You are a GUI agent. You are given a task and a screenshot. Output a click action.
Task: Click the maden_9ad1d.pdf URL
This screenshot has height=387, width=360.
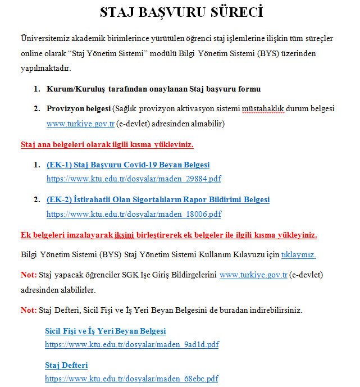(131, 344)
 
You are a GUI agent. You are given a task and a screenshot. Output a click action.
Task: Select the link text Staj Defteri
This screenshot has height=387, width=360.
(66, 366)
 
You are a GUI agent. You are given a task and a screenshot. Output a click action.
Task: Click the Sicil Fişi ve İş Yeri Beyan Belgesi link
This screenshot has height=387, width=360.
(105, 331)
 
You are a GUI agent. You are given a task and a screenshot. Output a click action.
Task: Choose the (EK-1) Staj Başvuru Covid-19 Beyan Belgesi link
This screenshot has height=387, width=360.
(128, 165)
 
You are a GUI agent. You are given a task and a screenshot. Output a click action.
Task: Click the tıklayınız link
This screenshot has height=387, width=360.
(298, 254)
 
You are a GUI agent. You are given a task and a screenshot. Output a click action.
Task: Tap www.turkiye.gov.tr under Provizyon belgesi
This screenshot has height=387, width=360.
(80, 123)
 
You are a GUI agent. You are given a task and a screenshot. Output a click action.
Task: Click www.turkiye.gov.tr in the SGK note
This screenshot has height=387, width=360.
(253, 275)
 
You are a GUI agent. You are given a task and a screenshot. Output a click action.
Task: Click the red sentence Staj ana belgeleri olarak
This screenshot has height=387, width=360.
(107, 144)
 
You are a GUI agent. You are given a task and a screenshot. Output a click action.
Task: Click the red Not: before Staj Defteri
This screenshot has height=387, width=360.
(28, 310)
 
